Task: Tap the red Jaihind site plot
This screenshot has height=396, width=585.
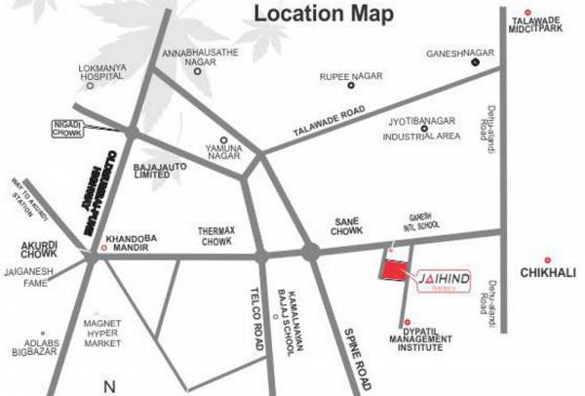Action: click(394, 271)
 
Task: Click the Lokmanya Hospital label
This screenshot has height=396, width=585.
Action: click(85, 77)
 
